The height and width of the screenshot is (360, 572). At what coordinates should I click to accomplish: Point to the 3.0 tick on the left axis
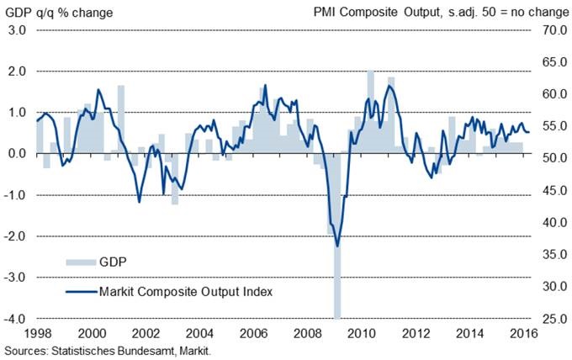point(18,30)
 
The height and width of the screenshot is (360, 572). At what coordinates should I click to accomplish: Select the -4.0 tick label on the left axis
point(16,319)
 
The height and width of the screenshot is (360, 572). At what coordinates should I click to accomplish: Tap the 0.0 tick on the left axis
point(18,154)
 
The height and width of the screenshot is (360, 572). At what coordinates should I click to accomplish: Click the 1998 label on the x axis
point(36,333)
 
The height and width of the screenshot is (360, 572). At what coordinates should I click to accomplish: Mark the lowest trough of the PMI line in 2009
point(337,246)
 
